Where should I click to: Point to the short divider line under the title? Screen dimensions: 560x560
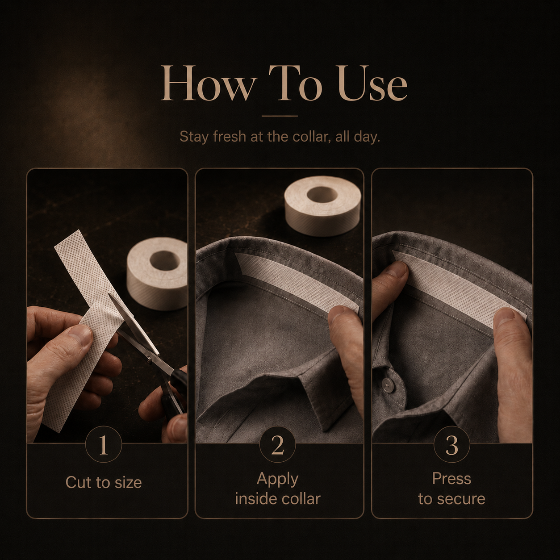[280, 116]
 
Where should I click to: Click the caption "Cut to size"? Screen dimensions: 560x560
[104, 482]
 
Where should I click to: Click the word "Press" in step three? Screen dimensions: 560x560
[451, 479]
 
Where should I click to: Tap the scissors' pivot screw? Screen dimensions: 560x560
[149, 360]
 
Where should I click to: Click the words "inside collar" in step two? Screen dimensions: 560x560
[277, 499]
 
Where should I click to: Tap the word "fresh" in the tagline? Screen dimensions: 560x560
[229, 137]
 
